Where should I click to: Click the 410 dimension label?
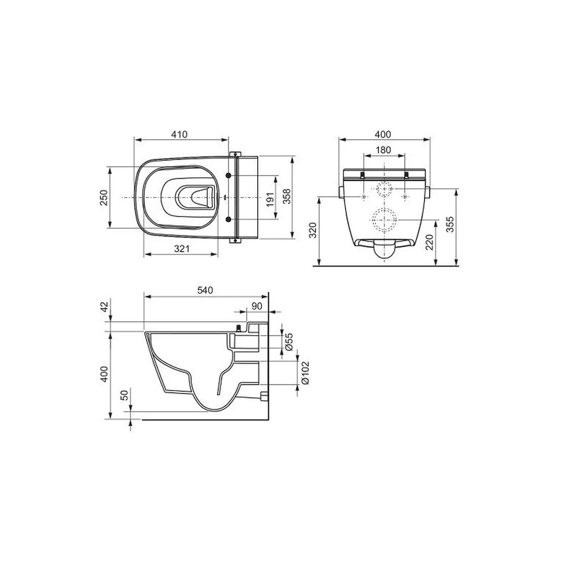tap(179, 135)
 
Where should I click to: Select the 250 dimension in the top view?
tap(103, 198)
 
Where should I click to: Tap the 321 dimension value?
tap(182, 248)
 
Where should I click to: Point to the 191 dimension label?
tap(270, 199)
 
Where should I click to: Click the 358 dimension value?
tap(287, 196)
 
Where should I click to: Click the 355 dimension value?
tap(450, 224)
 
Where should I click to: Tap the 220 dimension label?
tap(430, 242)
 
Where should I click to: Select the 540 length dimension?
tap(205, 290)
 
